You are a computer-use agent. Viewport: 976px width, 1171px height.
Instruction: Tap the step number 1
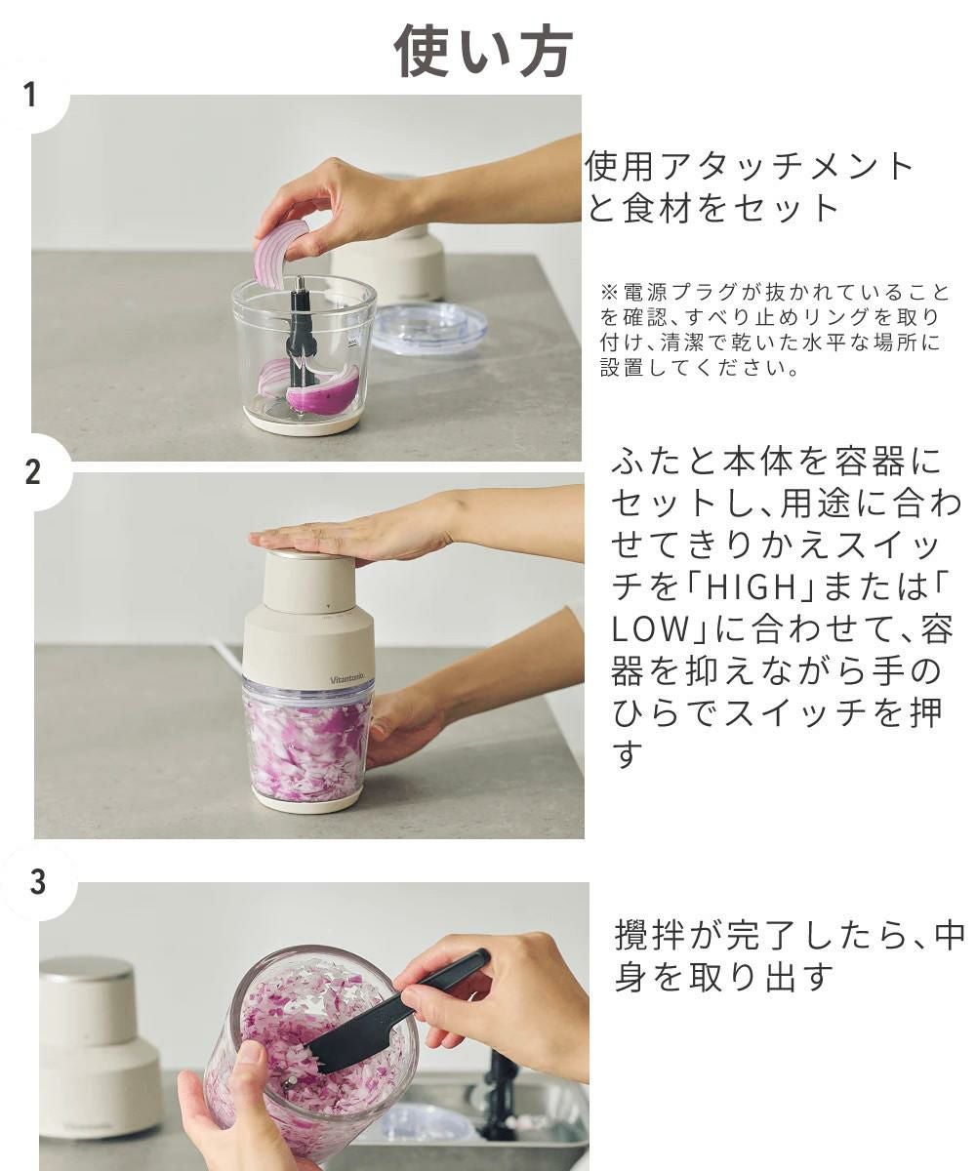pyautogui.click(x=29, y=95)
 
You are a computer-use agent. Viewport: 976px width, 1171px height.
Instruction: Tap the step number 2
pyautogui.click(x=33, y=471)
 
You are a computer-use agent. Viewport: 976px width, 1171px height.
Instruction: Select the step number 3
pyautogui.click(x=37, y=881)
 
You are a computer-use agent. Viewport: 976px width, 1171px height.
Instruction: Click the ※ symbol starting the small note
pyautogui.click(x=609, y=292)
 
